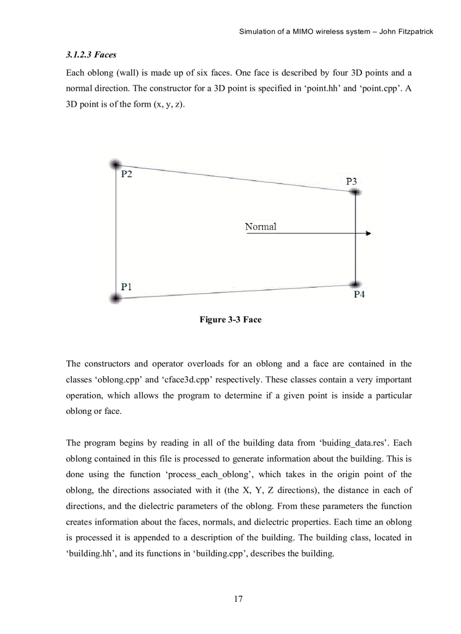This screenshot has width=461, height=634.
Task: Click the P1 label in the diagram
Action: pyautogui.click(x=127, y=286)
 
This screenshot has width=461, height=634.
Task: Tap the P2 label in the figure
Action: pyautogui.click(x=127, y=174)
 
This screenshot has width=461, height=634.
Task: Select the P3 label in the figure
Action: pyautogui.click(x=351, y=181)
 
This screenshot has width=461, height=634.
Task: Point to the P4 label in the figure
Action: pyautogui.click(x=359, y=295)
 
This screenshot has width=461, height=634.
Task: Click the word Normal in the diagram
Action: pyautogui.click(x=260, y=226)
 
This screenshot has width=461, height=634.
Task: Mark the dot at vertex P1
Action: pyautogui.click(x=115, y=298)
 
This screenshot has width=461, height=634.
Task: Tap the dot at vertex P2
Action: pyautogui.click(x=115, y=164)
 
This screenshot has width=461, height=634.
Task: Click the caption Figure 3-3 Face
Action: pyautogui.click(x=230, y=320)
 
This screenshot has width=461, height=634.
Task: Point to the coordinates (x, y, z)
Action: pyautogui.click(x=169, y=105)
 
